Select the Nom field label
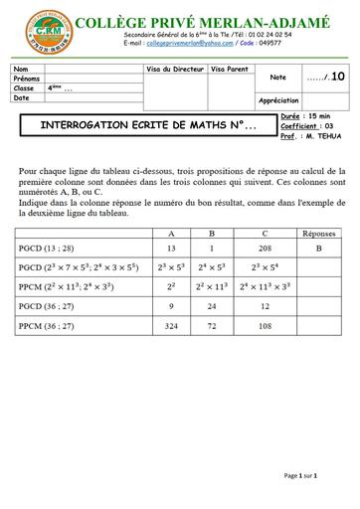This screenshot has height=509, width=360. tap(22, 69)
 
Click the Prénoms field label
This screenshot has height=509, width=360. tap(27, 79)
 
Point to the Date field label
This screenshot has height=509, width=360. tap(23, 97)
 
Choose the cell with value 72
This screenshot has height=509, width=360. tap(219, 325)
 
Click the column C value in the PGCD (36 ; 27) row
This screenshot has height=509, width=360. tap(265, 306)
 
